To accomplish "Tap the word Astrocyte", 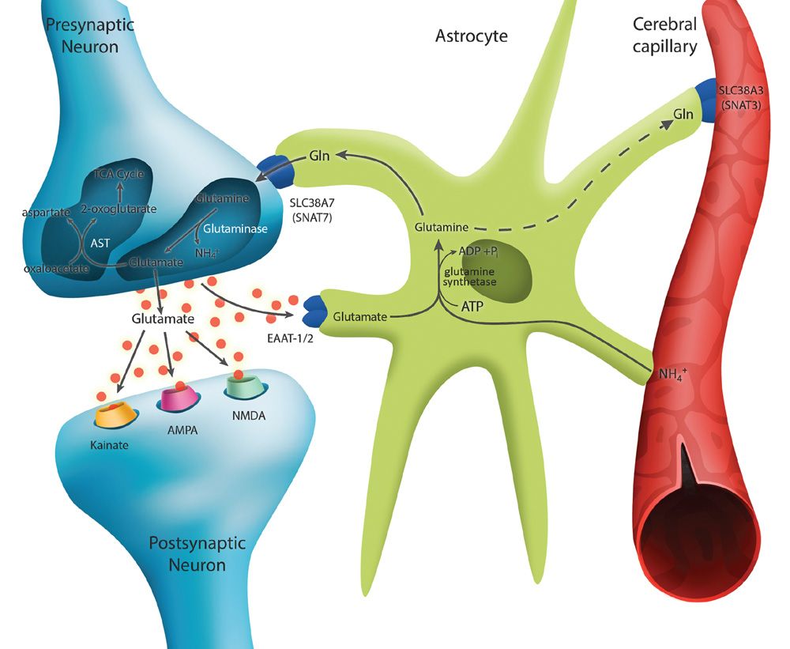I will coord(471,36).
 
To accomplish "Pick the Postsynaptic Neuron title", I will coord(197,554).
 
